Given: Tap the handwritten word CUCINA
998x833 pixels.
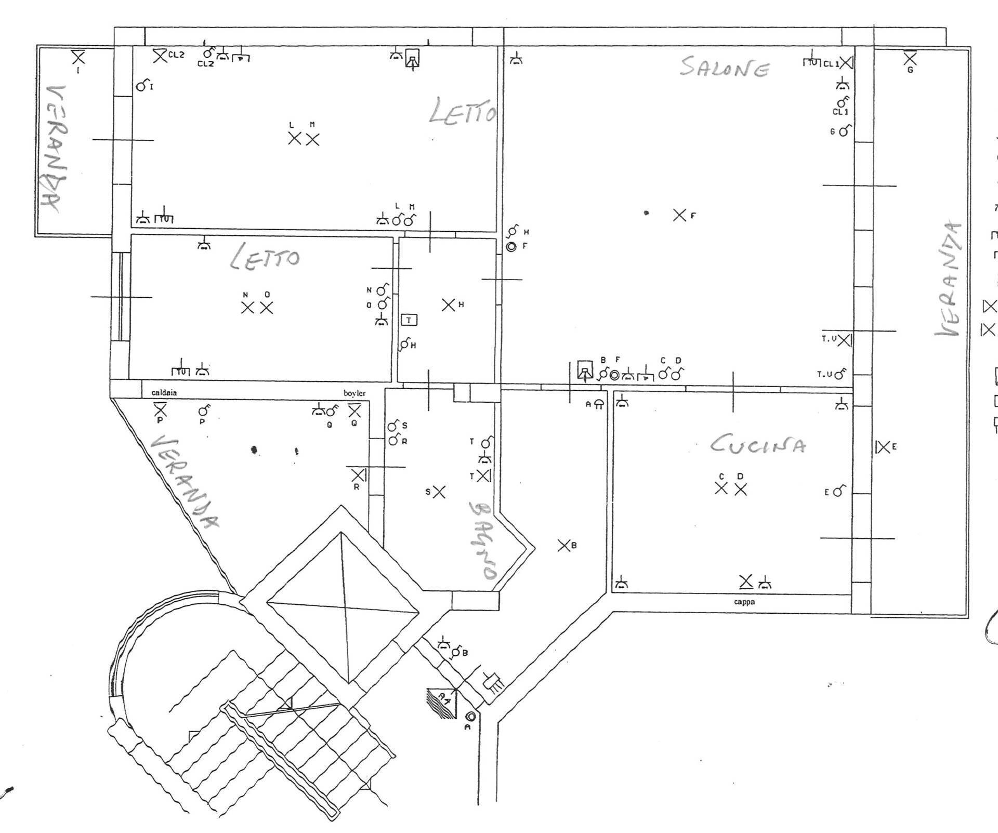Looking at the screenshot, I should tap(758, 444).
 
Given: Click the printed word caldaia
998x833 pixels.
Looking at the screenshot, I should tap(164, 392).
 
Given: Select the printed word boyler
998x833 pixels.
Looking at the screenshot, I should tap(354, 393).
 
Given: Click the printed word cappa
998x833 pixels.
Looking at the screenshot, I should tap(744, 602).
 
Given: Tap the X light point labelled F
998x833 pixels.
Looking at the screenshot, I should tap(679, 215).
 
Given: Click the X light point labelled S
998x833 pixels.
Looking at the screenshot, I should tap(439, 492).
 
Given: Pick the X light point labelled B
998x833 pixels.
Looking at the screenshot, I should tap(564, 546).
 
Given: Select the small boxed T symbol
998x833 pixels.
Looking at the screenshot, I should tap(409, 320).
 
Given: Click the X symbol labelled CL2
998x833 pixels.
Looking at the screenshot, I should tap(160, 55).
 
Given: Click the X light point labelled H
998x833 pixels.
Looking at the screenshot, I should tap(448, 305).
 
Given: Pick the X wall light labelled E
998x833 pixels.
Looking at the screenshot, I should tap(883, 446).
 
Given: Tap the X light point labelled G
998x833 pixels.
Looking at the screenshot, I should tap(910, 58).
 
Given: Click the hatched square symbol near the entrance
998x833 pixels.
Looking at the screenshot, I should tap(442, 703).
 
